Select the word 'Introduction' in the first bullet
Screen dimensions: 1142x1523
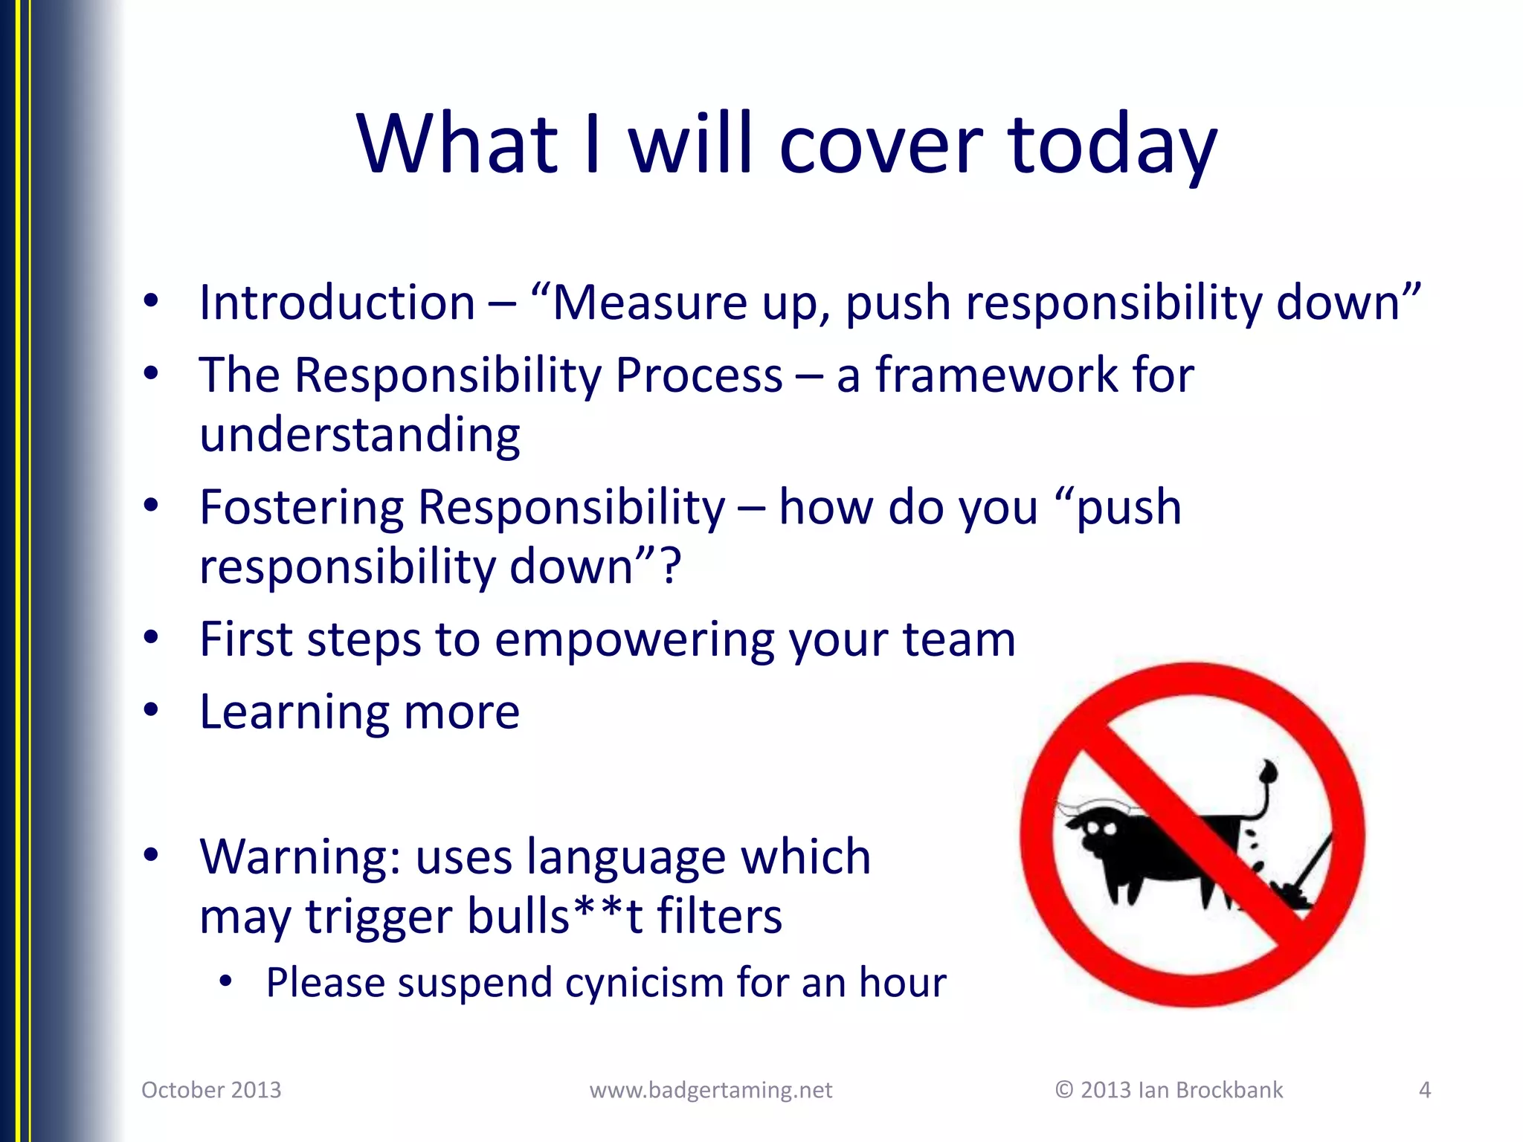tap(337, 303)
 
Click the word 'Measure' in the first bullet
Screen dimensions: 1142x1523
tap(648, 303)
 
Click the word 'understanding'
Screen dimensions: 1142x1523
tap(360, 435)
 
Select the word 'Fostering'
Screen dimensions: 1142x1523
tap(301, 508)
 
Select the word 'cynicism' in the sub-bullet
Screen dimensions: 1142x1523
tap(643, 983)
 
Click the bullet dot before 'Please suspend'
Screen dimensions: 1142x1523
tap(226, 982)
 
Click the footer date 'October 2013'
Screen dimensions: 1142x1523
tap(211, 1090)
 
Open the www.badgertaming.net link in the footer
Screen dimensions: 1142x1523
tap(710, 1090)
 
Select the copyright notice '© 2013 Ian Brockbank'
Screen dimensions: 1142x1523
tap(1168, 1090)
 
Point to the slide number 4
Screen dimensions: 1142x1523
tap(1424, 1090)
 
